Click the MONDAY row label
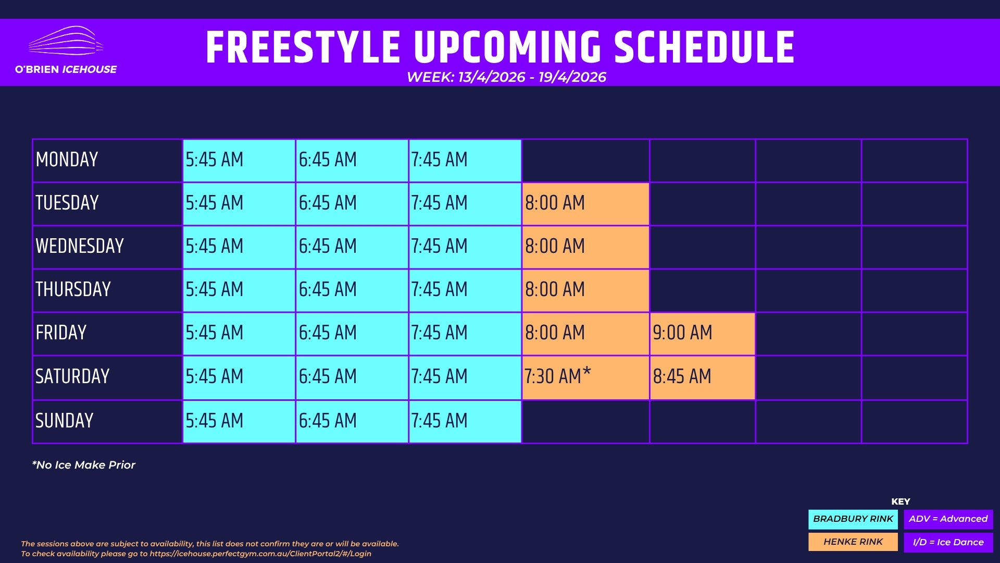67,160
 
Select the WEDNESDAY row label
80,246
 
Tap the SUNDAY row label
65,421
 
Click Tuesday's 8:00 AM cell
585,203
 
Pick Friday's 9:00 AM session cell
702,334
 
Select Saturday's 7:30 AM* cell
585,377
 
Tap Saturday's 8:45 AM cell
702,377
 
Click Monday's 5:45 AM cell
239,160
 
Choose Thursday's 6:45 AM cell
352,290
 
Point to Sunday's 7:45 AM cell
465,421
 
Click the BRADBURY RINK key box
853,519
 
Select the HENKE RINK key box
853,542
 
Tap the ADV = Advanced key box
948,519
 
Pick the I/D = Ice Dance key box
948,542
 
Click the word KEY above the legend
901,501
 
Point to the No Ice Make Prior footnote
83,465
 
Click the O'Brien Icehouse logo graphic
66,41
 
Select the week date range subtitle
506,77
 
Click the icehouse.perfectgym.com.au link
260,554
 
